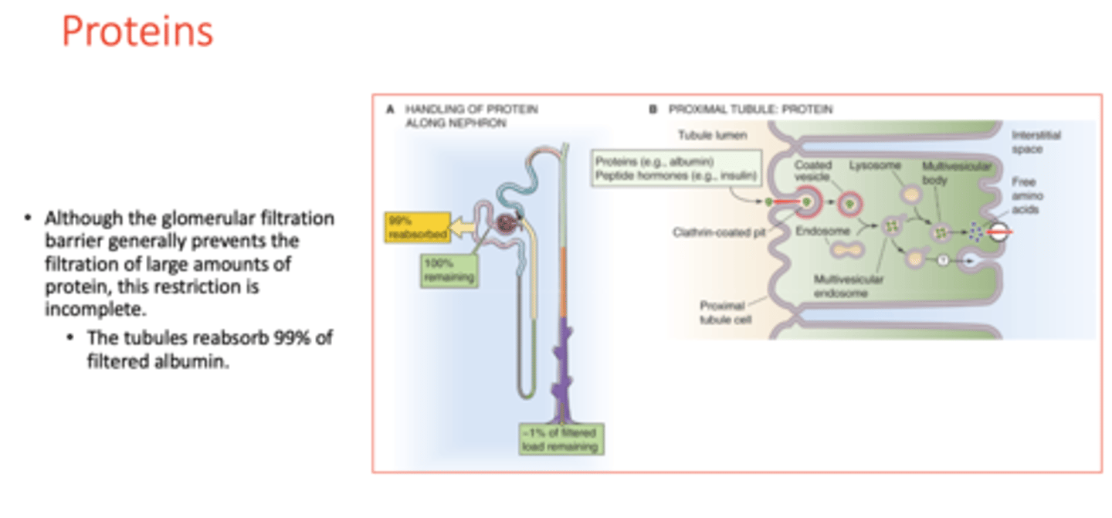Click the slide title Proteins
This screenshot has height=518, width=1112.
137,33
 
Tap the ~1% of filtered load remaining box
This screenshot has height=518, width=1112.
561,439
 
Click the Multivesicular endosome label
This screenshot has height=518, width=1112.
847,286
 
